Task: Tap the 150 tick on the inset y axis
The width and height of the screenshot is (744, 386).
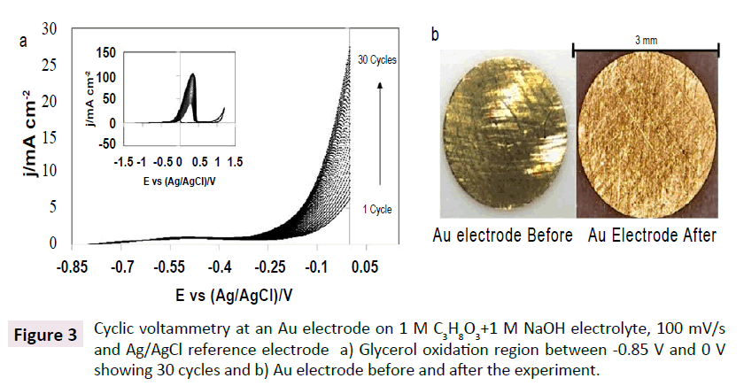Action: [105, 51]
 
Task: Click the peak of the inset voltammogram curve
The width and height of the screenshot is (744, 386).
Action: [192, 76]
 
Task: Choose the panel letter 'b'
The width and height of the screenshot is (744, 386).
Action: [435, 35]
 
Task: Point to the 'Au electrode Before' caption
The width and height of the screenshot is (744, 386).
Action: [502, 236]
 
